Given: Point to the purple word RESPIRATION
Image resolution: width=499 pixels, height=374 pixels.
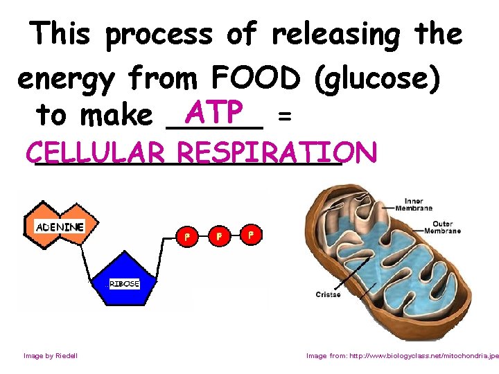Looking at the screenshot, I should tap(277, 152).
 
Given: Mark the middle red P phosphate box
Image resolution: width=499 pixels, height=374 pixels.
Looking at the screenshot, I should tap(219, 236).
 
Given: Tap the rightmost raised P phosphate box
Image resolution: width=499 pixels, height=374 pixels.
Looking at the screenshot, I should tap(251, 234).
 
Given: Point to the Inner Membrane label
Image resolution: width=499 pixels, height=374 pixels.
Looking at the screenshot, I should tap(418, 204).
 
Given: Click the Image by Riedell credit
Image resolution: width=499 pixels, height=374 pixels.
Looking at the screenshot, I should tap(51, 355).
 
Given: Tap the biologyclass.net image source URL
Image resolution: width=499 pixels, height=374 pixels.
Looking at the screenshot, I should tap(402, 355).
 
